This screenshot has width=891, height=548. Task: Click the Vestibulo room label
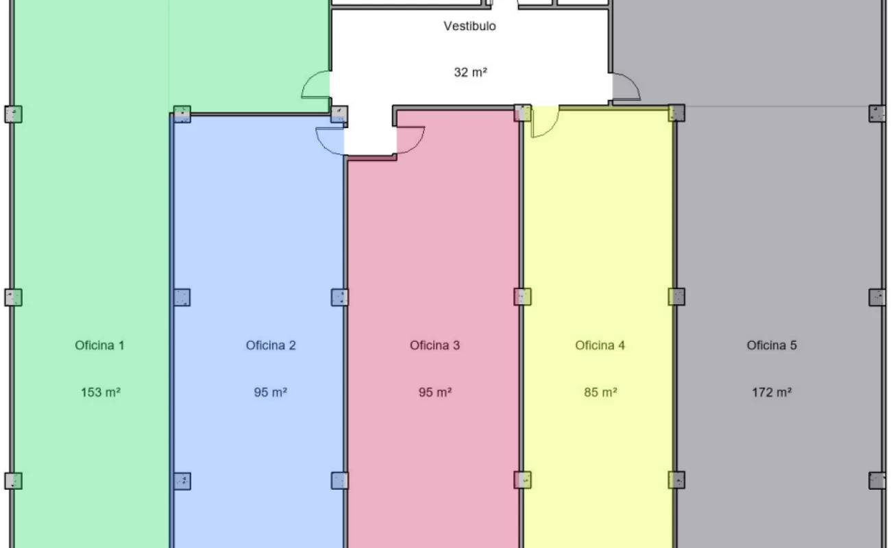[469, 26]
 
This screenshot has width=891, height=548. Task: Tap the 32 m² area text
[471, 73]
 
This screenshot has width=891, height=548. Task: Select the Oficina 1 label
[99, 345]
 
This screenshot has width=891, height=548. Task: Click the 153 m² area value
[101, 393]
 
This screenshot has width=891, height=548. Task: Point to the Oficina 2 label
[271, 345]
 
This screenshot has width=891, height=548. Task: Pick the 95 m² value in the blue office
[271, 393]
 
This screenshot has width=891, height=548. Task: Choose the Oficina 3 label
[435, 345]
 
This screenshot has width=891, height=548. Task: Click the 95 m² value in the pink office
[435, 393]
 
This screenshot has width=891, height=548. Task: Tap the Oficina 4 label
[600, 345]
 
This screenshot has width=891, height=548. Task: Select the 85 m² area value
[600, 393]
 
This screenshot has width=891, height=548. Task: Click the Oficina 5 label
[772, 345]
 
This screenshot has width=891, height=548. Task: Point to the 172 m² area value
[772, 393]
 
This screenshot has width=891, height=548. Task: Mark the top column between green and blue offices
[182, 114]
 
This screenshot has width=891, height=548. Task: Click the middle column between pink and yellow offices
[522, 297]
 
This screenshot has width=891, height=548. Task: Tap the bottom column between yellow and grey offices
[676, 480]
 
